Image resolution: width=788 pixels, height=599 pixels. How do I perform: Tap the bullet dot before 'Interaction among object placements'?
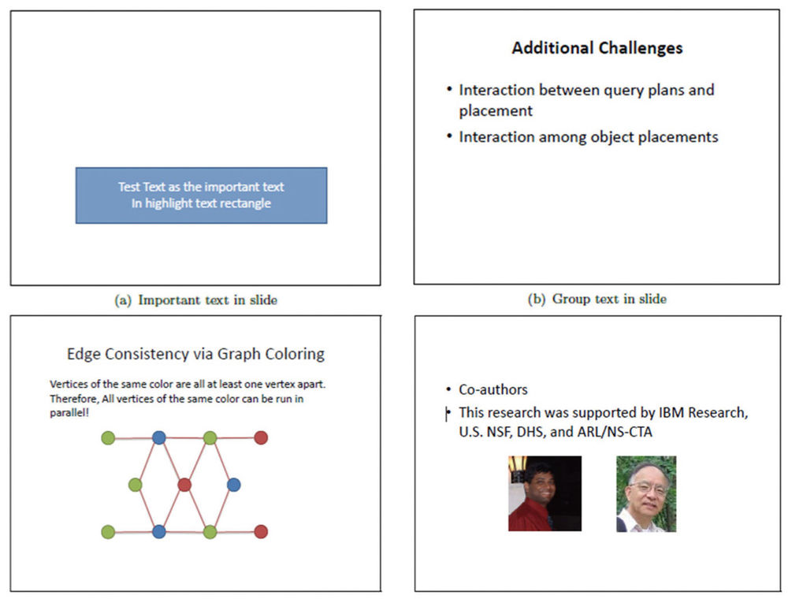449,136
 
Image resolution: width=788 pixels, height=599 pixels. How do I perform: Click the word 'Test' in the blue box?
128,187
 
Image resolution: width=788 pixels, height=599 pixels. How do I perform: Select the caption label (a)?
123,300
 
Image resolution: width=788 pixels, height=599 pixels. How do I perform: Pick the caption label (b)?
536,299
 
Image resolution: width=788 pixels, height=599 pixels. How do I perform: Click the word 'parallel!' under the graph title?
69,412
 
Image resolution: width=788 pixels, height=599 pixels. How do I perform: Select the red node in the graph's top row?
261,437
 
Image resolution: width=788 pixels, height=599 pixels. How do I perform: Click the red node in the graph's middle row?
184,485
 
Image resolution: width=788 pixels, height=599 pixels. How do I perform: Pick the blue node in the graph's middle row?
234,485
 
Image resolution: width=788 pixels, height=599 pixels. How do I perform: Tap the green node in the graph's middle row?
136,485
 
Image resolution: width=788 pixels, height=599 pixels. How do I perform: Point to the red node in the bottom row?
261,532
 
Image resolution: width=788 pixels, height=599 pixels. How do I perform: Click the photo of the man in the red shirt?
545,493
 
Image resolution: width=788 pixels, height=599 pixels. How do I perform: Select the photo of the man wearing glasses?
646,494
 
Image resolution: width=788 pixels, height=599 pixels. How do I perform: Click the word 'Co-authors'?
493,389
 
